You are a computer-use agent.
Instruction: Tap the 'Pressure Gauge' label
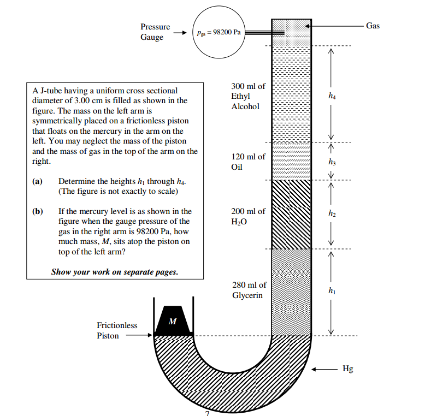click(155, 32)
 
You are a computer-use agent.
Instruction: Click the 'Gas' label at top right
click(373, 26)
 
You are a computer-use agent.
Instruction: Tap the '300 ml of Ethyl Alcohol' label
click(248, 96)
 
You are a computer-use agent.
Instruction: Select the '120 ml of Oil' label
click(248, 162)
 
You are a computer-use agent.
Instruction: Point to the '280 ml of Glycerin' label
click(249, 290)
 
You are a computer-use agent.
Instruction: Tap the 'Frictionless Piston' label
click(117, 330)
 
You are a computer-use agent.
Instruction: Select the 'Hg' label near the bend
click(347, 369)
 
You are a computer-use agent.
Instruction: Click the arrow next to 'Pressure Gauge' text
click(181, 32)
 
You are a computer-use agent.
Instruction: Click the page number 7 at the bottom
click(207, 413)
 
